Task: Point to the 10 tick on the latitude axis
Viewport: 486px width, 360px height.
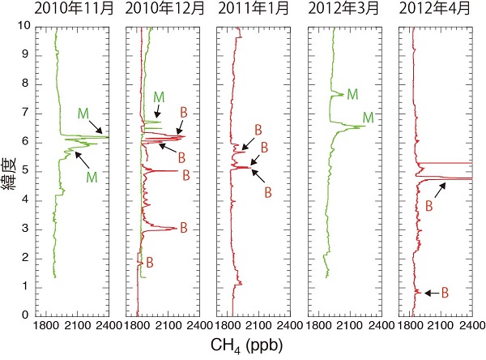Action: (x=28, y=26)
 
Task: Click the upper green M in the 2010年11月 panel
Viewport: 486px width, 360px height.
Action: (x=83, y=113)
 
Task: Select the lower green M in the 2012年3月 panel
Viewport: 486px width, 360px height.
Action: (x=369, y=118)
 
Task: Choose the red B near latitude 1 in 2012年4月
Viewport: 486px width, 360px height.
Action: (x=445, y=293)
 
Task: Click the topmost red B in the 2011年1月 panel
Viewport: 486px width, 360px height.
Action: (x=258, y=129)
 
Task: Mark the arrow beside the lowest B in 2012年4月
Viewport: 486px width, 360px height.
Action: (x=431, y=293)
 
